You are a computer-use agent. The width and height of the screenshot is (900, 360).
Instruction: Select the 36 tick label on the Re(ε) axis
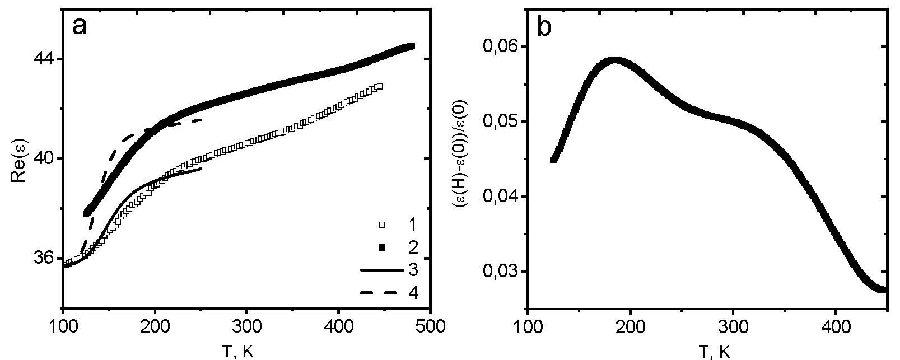[x=44, y=259]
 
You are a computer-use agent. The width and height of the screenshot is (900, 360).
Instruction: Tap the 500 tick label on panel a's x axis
[x=430, y=326]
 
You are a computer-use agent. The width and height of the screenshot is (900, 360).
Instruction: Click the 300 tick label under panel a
[x=246, y=326]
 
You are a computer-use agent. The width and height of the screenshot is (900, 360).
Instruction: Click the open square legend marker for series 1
[x=383, y=225]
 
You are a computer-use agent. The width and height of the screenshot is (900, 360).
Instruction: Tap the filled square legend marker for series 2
[x=383, y=247]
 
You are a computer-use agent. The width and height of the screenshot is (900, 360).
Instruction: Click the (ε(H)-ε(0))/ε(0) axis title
[x=465, y=158]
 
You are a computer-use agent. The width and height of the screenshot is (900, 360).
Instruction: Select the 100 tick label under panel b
[x=528, y=326]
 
